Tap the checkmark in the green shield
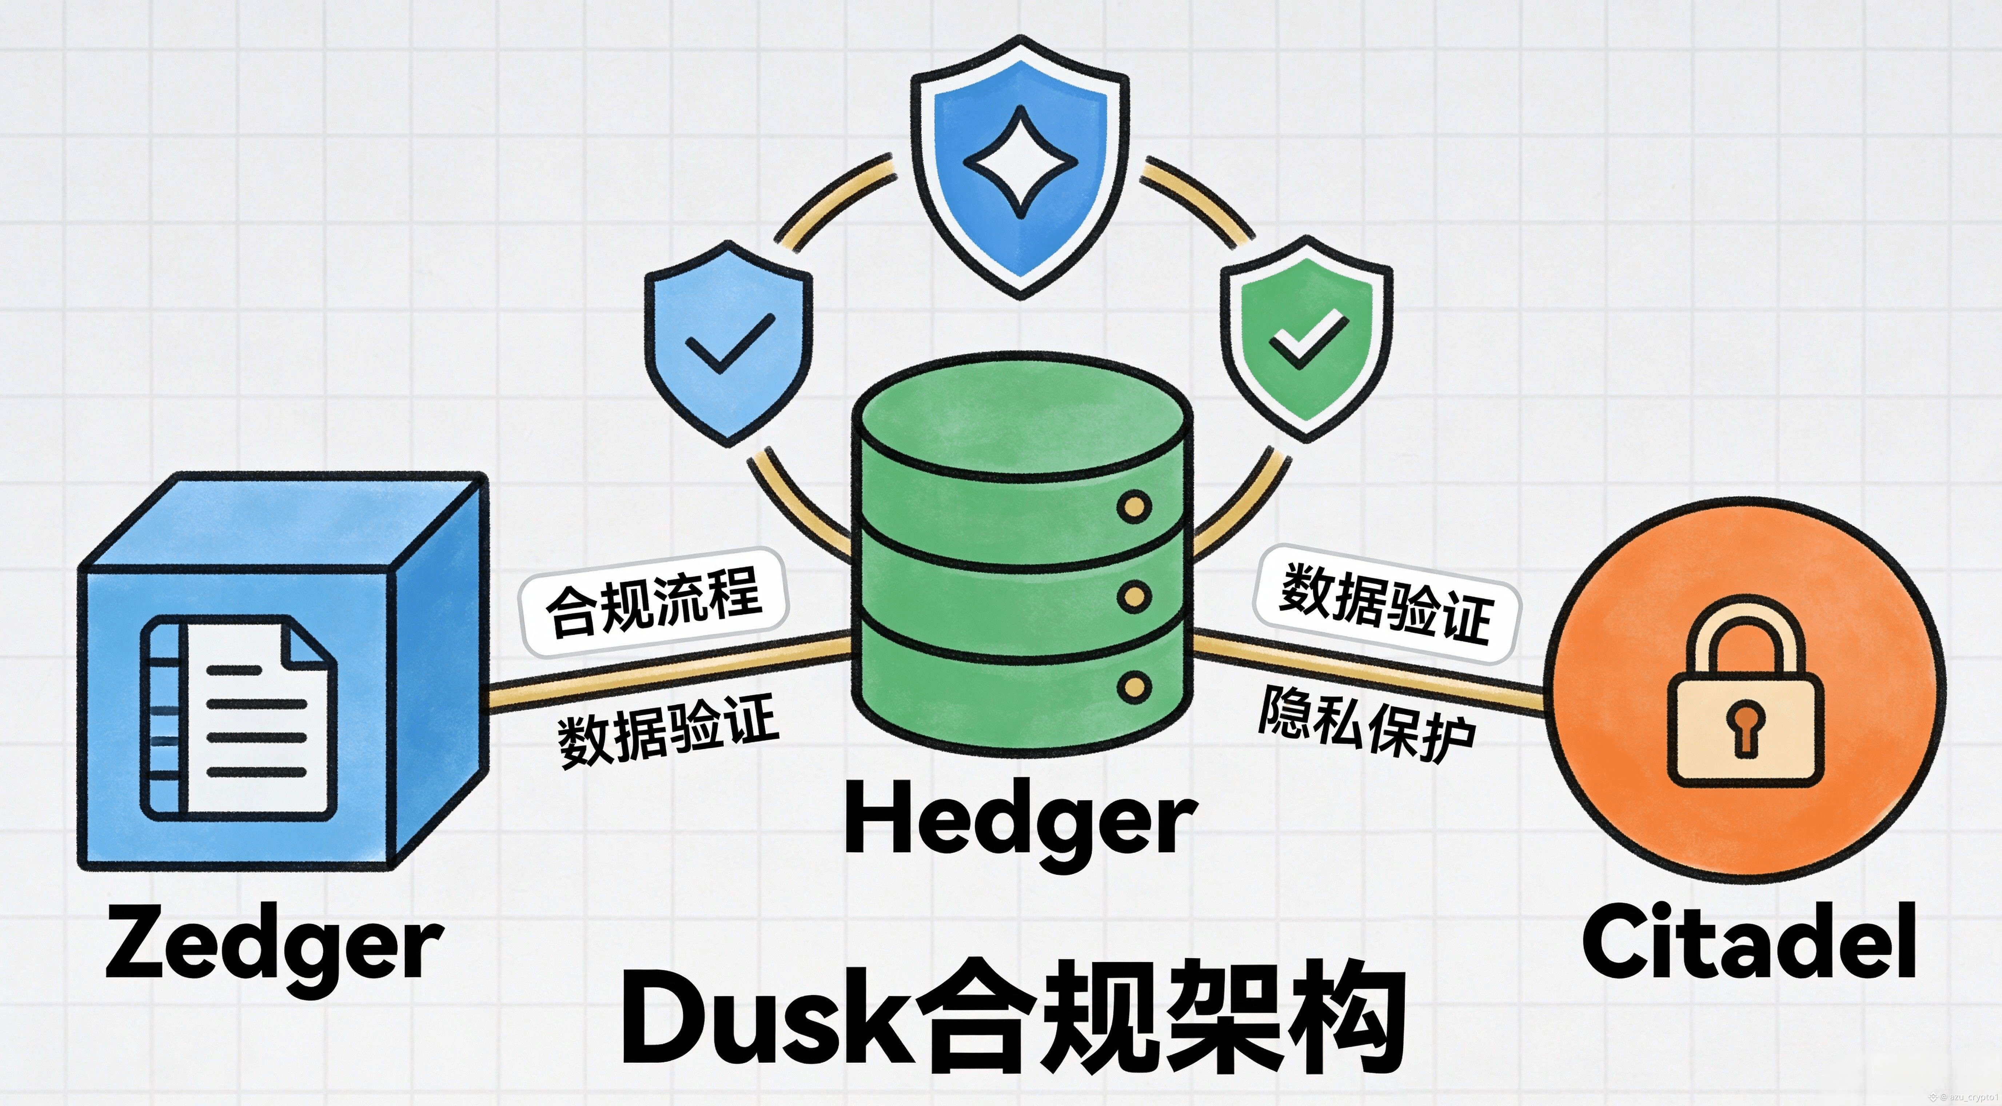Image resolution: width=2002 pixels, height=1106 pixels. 1307,338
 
